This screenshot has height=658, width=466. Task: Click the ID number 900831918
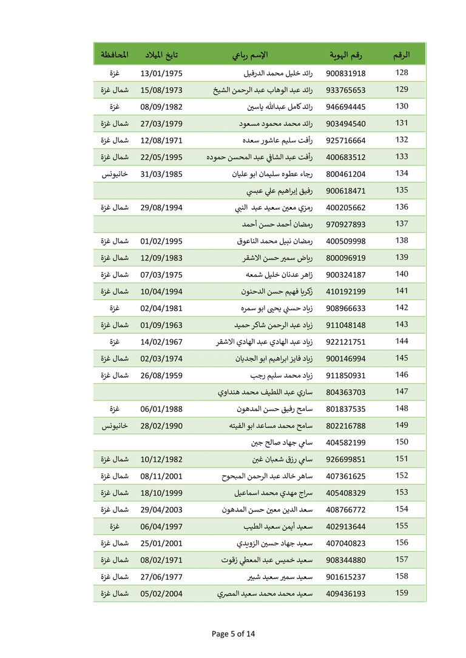346,73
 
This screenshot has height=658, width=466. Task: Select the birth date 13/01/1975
161,73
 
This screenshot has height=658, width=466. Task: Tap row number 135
402,190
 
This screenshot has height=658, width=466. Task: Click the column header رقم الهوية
346,55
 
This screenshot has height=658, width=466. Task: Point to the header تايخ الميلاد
161,55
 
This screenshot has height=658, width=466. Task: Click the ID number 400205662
346,207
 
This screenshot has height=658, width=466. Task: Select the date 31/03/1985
161,174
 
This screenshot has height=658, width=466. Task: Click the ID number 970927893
346,224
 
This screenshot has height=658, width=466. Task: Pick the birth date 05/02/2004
161,593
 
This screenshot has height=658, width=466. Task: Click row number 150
402,442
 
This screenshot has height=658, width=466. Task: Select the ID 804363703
346,392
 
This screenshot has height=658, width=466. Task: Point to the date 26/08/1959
161,375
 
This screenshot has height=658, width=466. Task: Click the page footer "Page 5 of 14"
234,634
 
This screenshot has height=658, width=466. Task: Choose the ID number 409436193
346,593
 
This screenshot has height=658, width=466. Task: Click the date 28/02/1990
161,425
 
